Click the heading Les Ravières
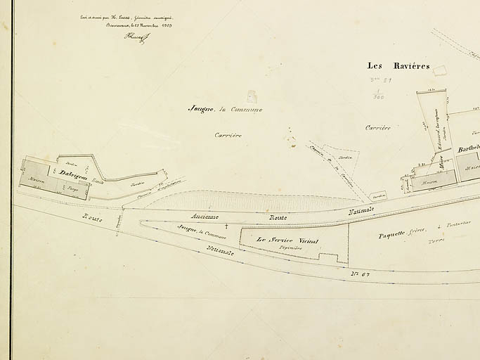398,66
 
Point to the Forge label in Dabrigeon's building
72,188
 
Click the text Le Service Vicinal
287,240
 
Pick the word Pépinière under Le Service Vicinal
290,248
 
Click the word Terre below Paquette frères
436,240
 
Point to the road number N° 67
361,273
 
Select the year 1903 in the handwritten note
166,25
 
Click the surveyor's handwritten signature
136,37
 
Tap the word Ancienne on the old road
204,217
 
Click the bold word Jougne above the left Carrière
201,109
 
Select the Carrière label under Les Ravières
377,128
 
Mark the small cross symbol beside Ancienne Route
226,226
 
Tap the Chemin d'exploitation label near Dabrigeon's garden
155,192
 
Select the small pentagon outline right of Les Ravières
440,70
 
